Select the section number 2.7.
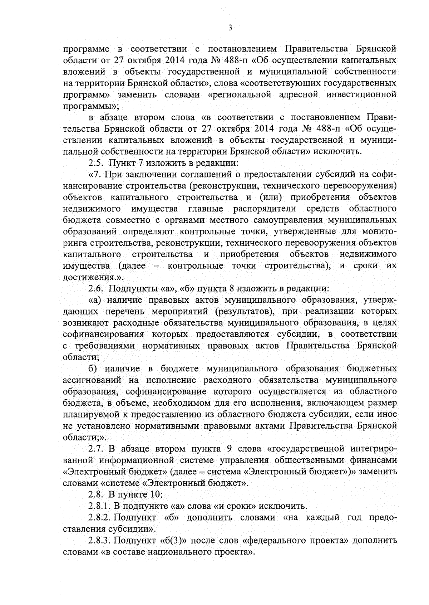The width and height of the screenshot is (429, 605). tap(96, 449)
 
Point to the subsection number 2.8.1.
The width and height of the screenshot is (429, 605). tap(99, 506)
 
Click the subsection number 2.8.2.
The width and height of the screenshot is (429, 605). tap(99, 518)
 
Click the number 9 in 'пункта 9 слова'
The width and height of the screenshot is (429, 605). tap(230, 449)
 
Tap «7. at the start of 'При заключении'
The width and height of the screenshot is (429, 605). tap(95, 175)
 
